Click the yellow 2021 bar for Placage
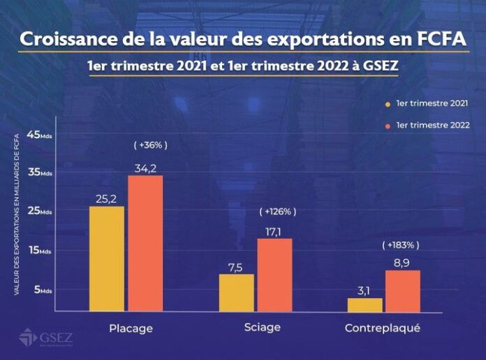(106, 258)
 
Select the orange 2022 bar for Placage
(145, 243)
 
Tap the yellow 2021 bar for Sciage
(236, 292)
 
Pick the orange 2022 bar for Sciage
(274, 275)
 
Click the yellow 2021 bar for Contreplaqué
(364, 304)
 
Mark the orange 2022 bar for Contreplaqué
(403, 290)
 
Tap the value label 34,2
(145, 167)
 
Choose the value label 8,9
(403, 262)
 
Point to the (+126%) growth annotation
(278, 211)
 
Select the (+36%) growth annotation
(150, 145)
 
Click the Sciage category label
(263, 327)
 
